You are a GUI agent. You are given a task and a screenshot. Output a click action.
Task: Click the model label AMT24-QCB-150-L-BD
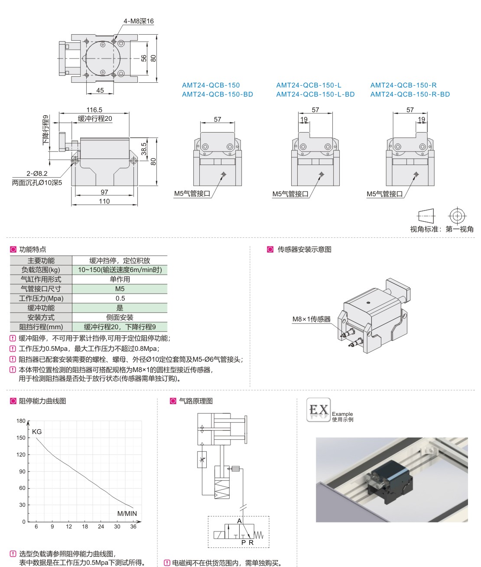pyautogui.click(x=315, y=94)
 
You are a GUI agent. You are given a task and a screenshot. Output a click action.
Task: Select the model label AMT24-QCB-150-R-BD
pyautogui.click(x=410, y=94)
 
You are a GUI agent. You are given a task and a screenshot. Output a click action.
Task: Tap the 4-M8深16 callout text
pyautogui.click(x=138, y=21)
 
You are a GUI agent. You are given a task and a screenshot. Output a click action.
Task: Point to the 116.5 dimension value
pyautogui.click(x=94, y=110)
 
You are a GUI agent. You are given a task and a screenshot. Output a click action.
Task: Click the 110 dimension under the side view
pyautogui.click(x=104, y=201)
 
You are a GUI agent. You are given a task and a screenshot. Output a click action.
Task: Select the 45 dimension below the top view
pyautogui.click(x=100, y=91)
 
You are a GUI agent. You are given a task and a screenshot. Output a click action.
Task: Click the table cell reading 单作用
pyautogui.click(x=120, y=279)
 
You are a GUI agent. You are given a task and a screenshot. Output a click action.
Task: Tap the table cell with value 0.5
pyautogui.click(x=120, y=298)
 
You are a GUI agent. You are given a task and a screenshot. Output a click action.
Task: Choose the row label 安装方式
pyautogui.click(x=41, y=318)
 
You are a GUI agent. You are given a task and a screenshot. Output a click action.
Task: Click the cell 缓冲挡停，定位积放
pyautogui.click(x=120, y=260)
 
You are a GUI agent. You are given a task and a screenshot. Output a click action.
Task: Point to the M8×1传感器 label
pyautogui.click(x=311, y=319)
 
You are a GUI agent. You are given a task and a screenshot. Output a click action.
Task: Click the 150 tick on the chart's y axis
pyautogui.click(x=21, y=438)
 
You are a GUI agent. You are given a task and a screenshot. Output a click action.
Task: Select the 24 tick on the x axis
pyautogui.click(x=101, y=527)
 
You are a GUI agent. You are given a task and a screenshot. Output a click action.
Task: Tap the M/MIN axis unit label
pyautogui.click(x=127, y=514)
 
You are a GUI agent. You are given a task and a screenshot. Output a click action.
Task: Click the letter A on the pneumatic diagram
pyautogui.click(x=239, y=522)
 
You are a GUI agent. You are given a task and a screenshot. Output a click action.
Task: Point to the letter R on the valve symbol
pyautogui.click(x=251, y=542)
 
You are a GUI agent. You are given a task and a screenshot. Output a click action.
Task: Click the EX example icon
pyautogui.click(x=318, y=410)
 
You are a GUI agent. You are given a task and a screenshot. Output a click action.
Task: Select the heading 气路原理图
pyautogui.click(x=196, y=401)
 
